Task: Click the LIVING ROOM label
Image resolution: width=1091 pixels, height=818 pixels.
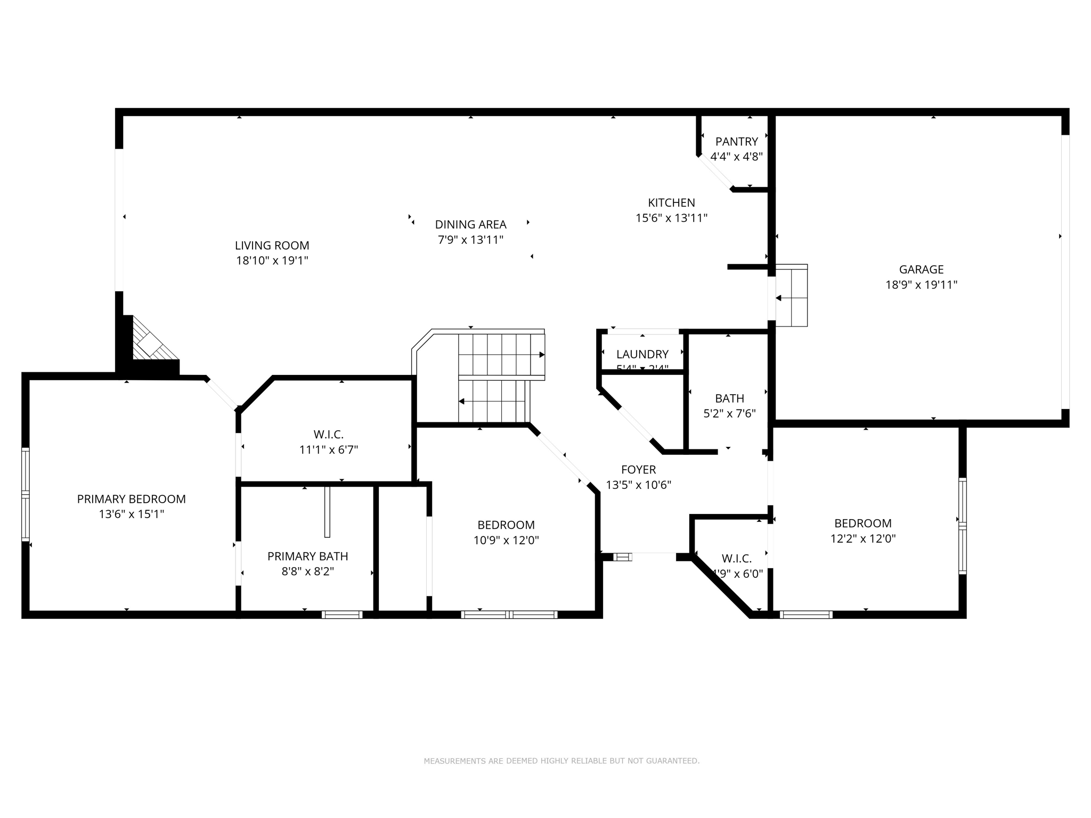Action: (272, 246)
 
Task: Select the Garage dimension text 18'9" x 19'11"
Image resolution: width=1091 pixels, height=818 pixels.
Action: (921, 285)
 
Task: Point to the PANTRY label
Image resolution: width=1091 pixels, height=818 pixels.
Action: (736, 142)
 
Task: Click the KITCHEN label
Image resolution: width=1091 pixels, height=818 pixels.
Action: (671, 203)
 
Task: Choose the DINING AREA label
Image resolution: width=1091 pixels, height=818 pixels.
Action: (470, 225)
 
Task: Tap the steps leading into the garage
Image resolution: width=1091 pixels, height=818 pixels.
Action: (791, 296)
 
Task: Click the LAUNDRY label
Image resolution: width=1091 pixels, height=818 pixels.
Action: (642, 355)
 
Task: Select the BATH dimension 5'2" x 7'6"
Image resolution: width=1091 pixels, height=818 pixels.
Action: (729, 414)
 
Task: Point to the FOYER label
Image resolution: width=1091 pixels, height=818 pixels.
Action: (638, 470)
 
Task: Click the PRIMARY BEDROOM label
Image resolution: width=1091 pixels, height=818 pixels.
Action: (131, 500)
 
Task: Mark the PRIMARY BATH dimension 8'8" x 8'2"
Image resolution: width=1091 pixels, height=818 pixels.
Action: (307, 572)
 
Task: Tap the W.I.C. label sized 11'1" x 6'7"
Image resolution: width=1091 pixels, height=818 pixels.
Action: (328, 435)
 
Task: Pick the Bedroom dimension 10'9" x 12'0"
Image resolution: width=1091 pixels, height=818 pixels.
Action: (506, 541)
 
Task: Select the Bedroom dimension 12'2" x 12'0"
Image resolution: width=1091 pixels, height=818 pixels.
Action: (862, 539)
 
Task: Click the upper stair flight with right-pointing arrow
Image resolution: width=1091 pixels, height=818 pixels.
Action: (501, 354)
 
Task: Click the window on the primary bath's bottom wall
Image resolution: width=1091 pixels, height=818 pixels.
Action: (341, 615)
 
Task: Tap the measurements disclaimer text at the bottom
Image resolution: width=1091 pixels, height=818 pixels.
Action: (561, 761)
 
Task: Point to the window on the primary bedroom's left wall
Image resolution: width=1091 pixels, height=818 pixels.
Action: (25, 495)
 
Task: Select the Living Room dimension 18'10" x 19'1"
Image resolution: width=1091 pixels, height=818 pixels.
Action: (272, 261)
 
